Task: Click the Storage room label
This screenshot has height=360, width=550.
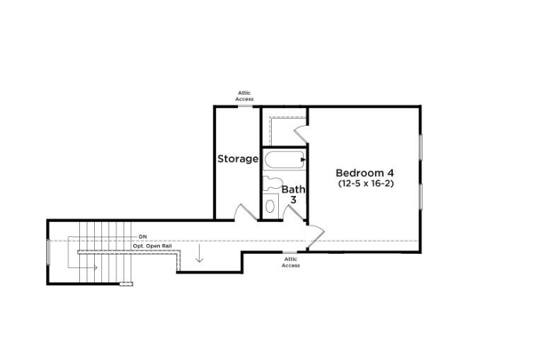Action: pos(237,158)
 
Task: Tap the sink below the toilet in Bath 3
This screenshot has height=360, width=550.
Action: pos(270,206)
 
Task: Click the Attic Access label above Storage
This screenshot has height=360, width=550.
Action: pos(245,96)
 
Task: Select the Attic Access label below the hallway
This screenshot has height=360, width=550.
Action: pos(291,262)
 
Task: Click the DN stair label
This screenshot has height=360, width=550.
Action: pos(143,236)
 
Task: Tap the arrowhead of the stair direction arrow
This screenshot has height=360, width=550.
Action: pos(94,267)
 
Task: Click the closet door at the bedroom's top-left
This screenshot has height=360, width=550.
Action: pos(300,131)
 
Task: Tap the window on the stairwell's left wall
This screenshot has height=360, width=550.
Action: pos(48,252)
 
